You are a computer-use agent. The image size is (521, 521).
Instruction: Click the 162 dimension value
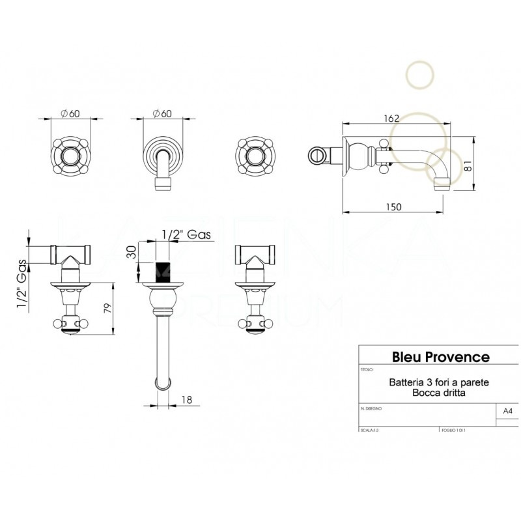[x=391, y=119]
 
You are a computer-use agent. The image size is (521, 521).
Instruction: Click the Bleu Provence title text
[x=440, y=356]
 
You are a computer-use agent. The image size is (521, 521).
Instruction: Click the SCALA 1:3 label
[x=369, y=430]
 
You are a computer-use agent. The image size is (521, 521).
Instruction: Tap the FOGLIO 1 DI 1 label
[x=453, y=430]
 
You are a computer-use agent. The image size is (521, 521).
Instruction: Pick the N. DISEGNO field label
[x=371, y=408]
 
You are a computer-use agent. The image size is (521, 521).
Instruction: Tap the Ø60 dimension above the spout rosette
[x=161, y=113]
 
